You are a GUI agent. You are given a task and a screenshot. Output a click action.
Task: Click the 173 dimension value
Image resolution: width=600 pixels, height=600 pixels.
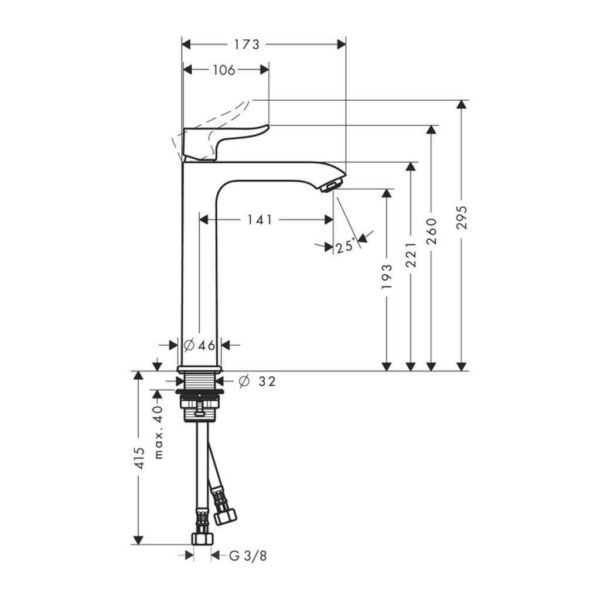point(247,45)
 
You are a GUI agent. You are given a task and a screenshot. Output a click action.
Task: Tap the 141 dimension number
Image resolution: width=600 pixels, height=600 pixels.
point(260,220)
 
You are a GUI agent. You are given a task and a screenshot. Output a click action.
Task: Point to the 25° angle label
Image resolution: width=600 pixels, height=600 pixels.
point(345,246)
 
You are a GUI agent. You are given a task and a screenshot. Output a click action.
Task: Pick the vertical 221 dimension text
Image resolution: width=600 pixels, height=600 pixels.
point(411,254)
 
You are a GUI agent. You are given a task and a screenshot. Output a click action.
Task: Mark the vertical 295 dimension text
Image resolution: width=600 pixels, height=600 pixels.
point(462,219)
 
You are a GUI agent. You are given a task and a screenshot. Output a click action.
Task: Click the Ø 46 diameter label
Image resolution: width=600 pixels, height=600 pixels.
point(200,345)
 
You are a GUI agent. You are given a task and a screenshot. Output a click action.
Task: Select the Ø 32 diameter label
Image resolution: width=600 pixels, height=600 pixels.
point(257,381)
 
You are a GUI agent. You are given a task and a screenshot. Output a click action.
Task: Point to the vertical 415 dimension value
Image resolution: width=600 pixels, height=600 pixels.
point(138,460)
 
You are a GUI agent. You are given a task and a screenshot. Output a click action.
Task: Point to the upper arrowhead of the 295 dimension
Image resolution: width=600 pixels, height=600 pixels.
point(462,105)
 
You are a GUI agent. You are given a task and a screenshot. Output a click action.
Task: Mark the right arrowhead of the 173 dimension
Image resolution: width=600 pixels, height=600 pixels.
point(341,45)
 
